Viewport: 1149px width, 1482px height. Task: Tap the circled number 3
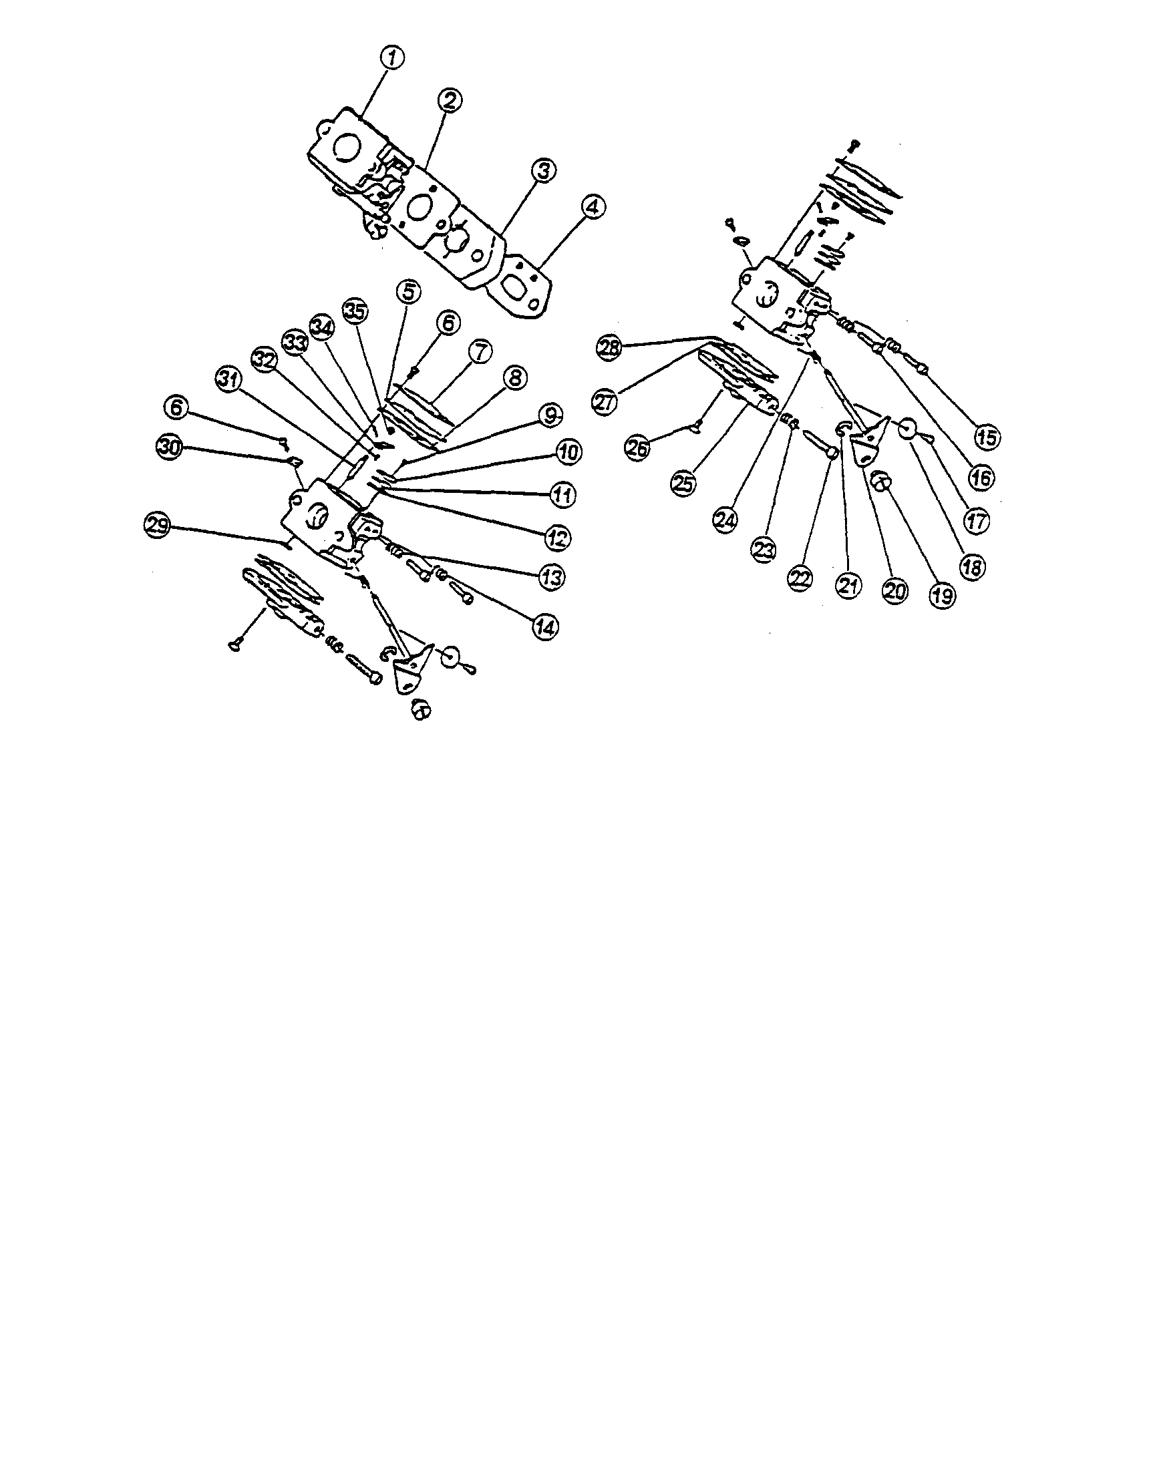pyautogui.click(x=543, y=170)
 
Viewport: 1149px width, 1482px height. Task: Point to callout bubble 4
pyautogui.click(x=593, y=207)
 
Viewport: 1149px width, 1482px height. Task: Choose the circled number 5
pyautogui.click(x=408, y=292)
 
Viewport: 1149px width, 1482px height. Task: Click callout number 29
pyautogui.click(x=158, y=526)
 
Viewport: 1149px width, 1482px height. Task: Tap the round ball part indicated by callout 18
pyautogui.click(x=908, y=429)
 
